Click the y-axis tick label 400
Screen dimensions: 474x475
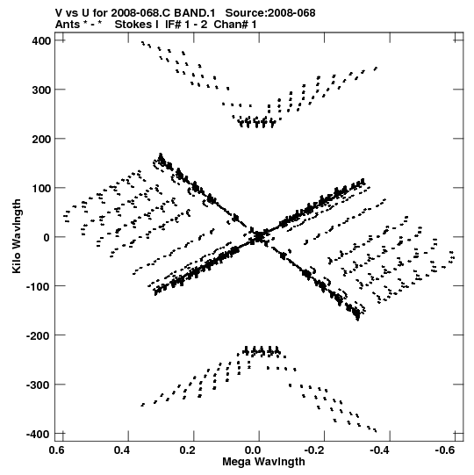pyautogui.click(x=41, y=40)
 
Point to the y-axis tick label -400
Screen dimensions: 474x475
pyautogui.click(x=39, y=434)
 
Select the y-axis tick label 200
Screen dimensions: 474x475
pyautogui.click(x=41, y=139)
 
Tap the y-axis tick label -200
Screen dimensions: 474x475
pyautogui.click(x=39, y=335)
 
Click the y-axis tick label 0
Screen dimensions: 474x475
pyautogui.click(x=47, y=237)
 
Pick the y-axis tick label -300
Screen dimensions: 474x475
pyautogui.click(x=39, y=385)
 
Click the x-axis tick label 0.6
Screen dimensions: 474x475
pyautogui.click(x=57, y=450)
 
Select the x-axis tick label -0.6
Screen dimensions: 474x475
pyautogui.click(x=445, y=450)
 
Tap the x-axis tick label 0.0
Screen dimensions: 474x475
pyautogui.click(x=253, y=450)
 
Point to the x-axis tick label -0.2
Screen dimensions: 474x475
pyautogui.click(x=314, y=450)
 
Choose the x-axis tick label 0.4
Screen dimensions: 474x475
pyautogui.click(x=122, y=450)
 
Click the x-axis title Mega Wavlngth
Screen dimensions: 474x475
pyautogui.click(x=263, y=462)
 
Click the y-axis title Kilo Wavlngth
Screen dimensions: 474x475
pyautogui.click(x=17, y=236)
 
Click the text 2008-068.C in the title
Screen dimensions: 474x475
pyautogui.click(x=141, y=13)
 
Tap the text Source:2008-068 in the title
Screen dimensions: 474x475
pyautogui.click(x=270, y=13)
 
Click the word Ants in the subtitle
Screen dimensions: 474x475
pyautogui.click(x=68, y=25)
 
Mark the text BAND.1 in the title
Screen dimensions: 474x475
pyautogui.click(x=195, y=13)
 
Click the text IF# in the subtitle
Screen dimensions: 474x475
pyautogui.click(x=174, y=25)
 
